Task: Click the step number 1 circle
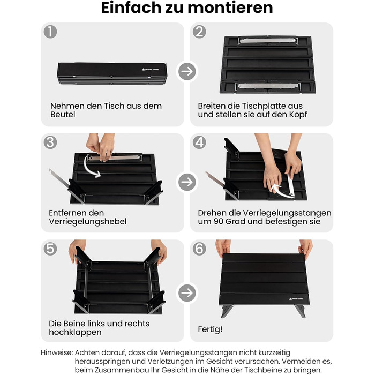click(50, 32)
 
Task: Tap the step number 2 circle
click(199, 32)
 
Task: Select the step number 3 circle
click(50, 142)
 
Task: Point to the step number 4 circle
click(199, 142)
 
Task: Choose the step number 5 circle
click(50, 249)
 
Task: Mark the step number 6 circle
click(199, 249)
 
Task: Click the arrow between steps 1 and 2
click(187, 71)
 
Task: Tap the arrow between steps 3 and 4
click(187, 182)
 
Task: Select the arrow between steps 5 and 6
click(187, 293)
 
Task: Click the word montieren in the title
click(230, 7)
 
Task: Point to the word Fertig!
click(210, 329)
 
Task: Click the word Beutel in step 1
click(63, 115)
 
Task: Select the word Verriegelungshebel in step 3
click(87, 222)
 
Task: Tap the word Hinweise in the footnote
click(56, 352)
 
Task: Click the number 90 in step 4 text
click(219, 222)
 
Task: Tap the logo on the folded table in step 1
click(151, 69)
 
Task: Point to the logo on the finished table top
click(296, 299)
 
